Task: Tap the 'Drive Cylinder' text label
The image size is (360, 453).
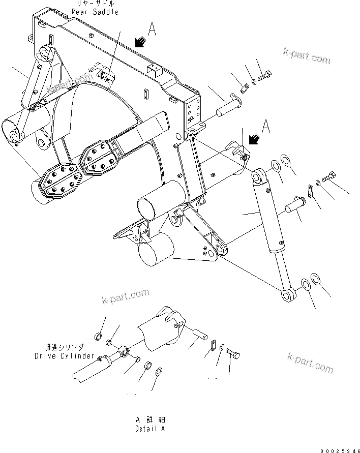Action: pos(65,356)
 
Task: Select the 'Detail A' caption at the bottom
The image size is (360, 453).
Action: pos(150,429)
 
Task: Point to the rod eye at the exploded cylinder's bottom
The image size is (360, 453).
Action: pos(288,294)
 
